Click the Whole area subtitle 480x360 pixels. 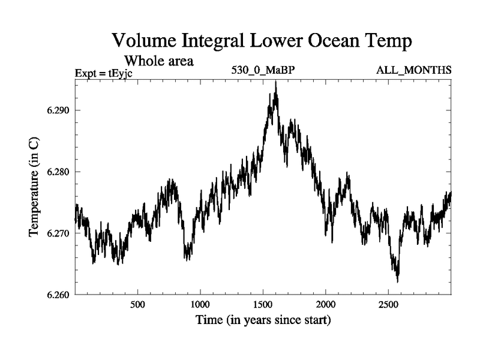pyautogui.click(x=158, y=61)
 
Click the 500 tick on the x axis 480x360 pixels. pyautogui.click(x=138, y=305)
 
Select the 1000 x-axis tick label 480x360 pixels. pyautogui.click(x=200, y=305)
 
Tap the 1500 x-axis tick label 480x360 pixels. pyautogui.click(x=263, y=305)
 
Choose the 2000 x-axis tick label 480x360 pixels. pyautogui.click(x=326, y=305)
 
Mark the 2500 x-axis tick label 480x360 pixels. pyautogui.click(x=388, y=305)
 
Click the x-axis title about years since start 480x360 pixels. pyautogui.click(x=263, y=320)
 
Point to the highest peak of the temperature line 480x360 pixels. pyautogui.click(x=275, y=82)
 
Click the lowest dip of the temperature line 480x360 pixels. pyautogui.click(x=397, y=281)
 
